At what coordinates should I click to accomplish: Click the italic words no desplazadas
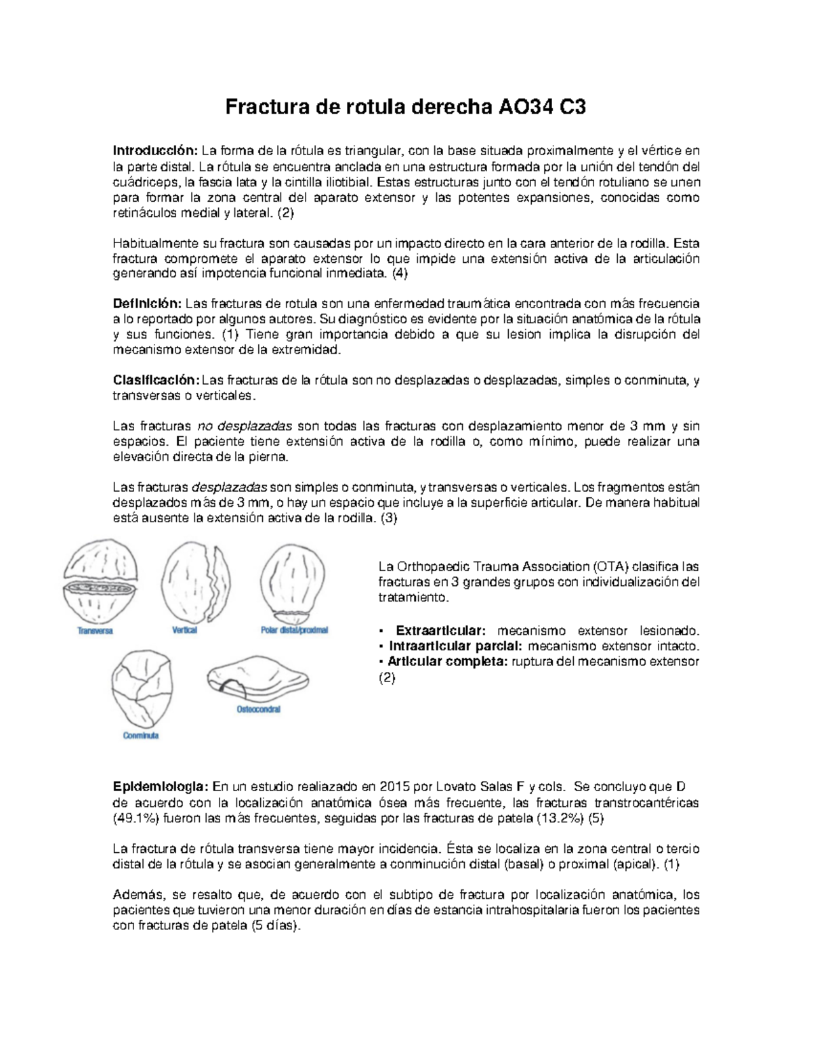pos(244,427)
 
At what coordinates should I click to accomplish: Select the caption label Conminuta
pos(141,736)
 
